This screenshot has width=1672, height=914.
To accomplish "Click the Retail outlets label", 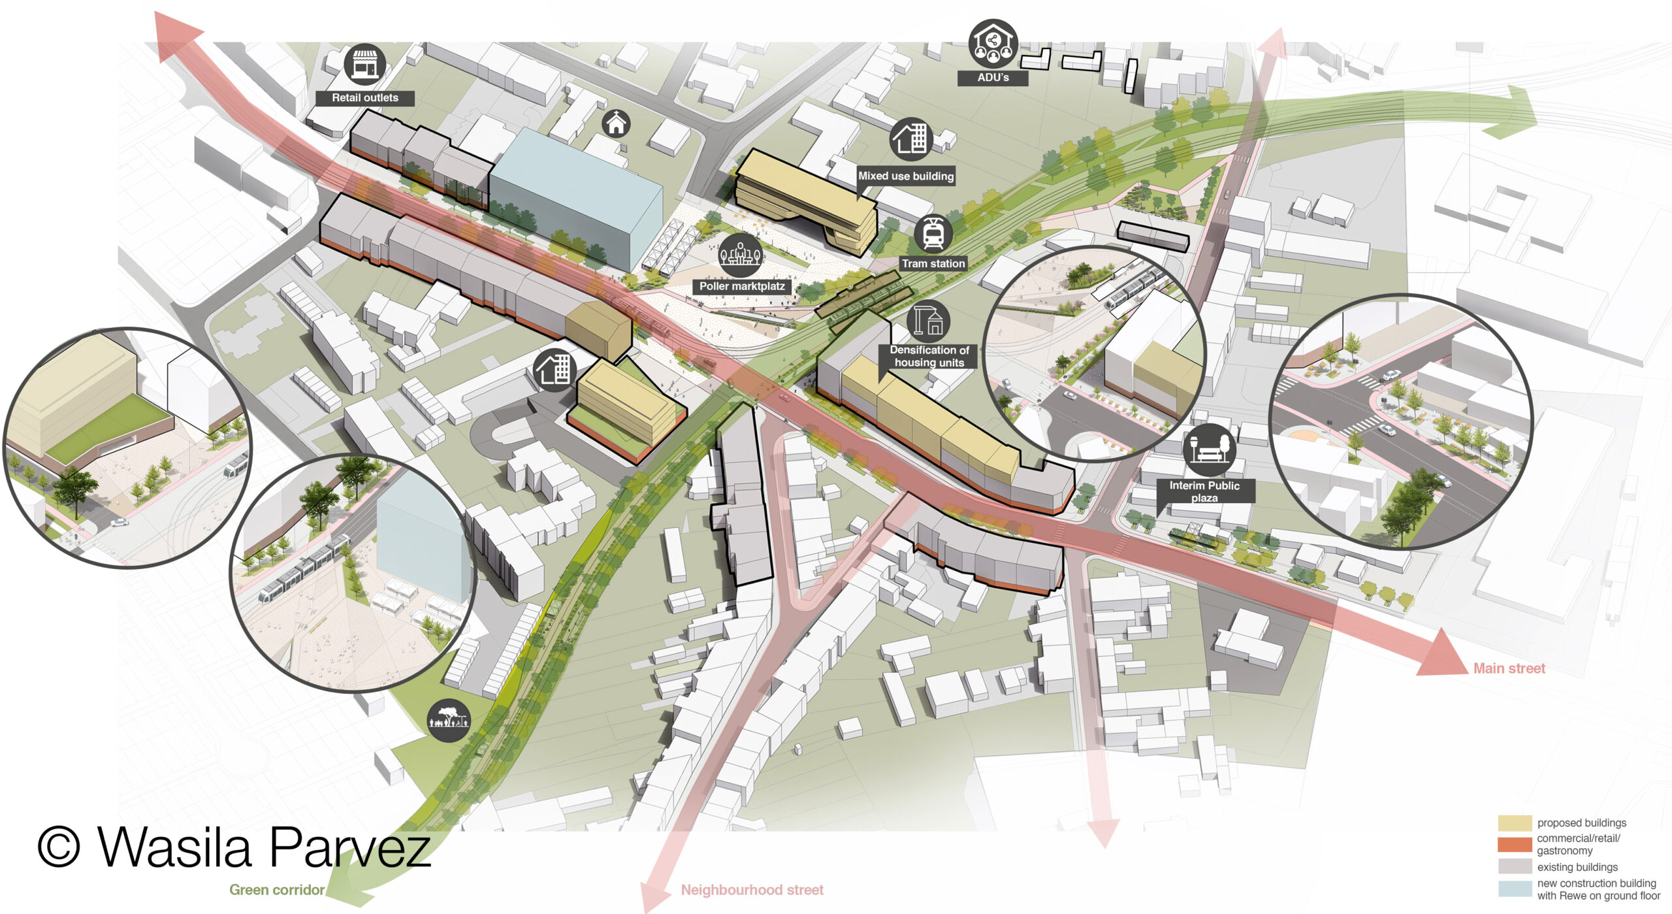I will click(x=364, y=98).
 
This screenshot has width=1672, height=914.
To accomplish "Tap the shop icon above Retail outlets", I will click(x=364, y=64).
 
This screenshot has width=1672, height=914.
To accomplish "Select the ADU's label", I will click(x=993, y=78).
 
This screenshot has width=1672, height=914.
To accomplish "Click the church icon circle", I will click(x=616, y=123).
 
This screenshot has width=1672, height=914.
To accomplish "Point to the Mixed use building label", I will click(x=906, y=176).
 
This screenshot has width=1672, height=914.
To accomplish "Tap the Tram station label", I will click(x=933, y=263).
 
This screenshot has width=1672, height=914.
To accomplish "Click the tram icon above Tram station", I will click(x=933, y=233).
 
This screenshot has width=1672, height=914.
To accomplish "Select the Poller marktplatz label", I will click(x=742, y=286).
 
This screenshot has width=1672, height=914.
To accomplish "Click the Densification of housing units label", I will click(x=929, y=356).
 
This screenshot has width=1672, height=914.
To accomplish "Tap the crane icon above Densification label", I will click(x=928, y=321).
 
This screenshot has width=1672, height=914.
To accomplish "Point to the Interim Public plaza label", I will click(x=1204, y=491).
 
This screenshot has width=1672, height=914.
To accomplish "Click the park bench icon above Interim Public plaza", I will click(x=1208, y=449).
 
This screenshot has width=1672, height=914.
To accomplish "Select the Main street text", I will click(x=1509, y=668).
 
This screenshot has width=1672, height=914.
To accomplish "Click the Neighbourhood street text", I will click(x=752, y=890).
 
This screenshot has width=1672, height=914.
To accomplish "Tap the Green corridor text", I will click(x=276, y=890).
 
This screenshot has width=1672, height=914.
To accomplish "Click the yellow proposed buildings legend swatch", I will click(x=1515, y=823).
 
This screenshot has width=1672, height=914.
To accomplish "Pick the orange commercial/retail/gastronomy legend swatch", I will click(x=1515, y=844).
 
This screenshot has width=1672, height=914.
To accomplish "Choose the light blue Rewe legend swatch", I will click(x=1515, y=889).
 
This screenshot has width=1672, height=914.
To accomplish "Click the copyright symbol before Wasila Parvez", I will click(x=59, y=847).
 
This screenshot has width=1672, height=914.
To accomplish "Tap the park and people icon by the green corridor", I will click(x=449, y=720).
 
